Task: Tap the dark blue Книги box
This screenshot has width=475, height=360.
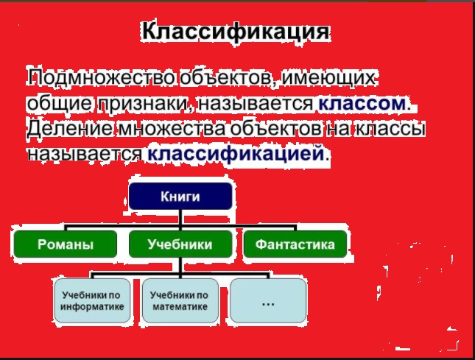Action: [x=180, y=196]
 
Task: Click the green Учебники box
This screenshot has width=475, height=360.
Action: [x=180, y=244]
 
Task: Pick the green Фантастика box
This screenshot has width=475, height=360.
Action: [x=295, y=244]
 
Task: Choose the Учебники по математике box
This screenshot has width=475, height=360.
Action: [x=179, y=300]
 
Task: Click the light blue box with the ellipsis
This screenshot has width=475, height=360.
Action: [x=267, y=300]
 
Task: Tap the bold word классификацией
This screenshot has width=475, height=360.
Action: [x=236, y=154]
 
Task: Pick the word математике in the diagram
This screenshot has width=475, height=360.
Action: [x=179, y=306]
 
